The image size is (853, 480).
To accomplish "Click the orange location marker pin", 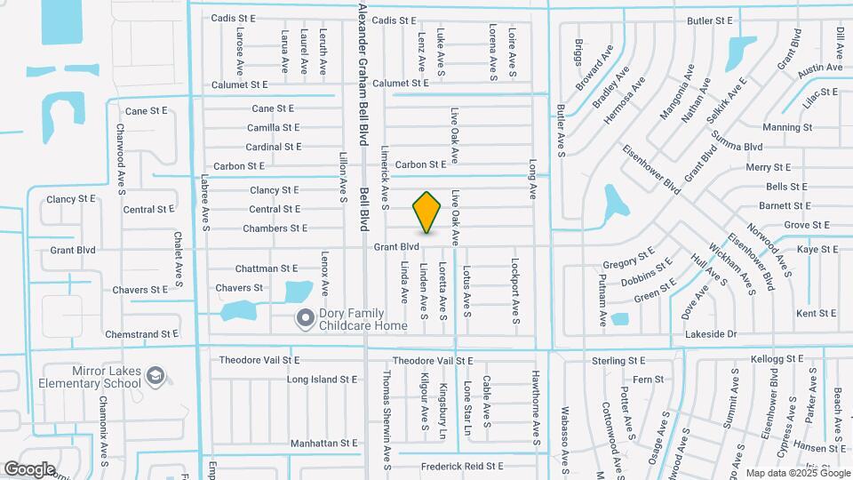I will coord(427,212).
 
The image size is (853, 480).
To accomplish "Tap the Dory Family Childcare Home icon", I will coord(306,317).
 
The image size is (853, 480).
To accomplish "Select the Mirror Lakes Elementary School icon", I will coord(155,376).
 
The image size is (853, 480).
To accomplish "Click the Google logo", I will coord(29,468).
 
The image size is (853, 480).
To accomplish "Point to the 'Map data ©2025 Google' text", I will coord(797,472).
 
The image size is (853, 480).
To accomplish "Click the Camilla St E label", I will coord(273,128).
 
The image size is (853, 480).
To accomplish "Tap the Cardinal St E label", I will coord(273,147).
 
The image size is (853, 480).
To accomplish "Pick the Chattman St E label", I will coord(266,268).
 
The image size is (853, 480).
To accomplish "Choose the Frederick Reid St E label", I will coord(462,466).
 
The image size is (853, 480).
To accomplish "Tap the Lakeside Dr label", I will coord(712,334).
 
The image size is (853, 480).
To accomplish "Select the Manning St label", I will coord(787,127).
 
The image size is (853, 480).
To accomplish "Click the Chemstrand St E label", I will coord(142,334).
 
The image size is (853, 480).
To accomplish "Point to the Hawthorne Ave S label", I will coord(536,406).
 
